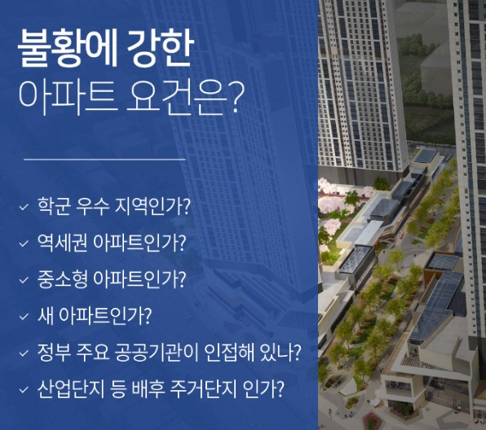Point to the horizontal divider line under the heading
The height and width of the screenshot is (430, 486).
(x=104, y=160)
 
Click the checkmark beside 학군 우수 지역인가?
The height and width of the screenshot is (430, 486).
(x=24, y=205)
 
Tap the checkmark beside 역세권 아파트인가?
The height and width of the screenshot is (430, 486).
(x=24, y=243)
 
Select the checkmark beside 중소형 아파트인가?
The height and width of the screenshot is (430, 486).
(x=24, y=279)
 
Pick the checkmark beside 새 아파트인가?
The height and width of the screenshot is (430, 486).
(x=24, y=316)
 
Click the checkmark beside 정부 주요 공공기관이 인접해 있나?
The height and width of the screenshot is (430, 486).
(x=24, y=353)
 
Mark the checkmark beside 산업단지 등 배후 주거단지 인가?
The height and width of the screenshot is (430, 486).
(x=24, y=389)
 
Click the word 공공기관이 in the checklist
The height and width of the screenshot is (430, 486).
(x=163, y=353)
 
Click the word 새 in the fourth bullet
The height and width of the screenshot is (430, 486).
(x=45, y=316)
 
